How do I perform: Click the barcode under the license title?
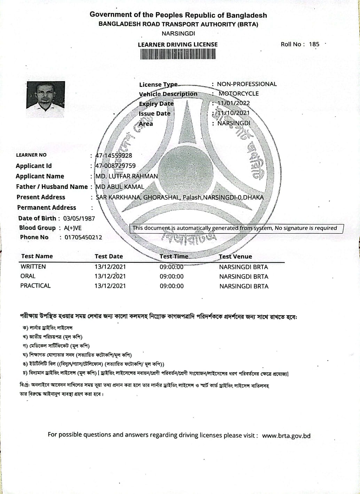(x=178, y=54)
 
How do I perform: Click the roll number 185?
(x=314, y=44)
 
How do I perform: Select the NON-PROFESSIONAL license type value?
(x=246, y=84)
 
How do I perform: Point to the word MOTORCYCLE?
(x=238, y=93)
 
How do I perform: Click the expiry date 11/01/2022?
(x=233, y=103)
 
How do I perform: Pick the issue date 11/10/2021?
(x=233, y=113)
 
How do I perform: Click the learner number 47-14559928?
(x=114, y=156)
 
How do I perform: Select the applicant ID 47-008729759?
(x=116, y=166)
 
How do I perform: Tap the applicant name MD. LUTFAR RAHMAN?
(x=127, y=176)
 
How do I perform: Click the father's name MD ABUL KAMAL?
(x=120, y=187)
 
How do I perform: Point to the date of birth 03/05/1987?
(x=79, y=218)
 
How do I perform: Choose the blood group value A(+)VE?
(x=72, y=228)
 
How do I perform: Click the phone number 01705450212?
(x=83, y=237)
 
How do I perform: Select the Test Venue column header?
(x=235, y=257)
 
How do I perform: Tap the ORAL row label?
(x=28, y=276)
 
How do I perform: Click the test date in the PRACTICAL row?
(x=110, y=286)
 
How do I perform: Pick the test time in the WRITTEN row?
(x=172, y=267)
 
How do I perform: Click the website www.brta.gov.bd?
(x=286, y=436)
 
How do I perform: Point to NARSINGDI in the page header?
(x=178, y=34)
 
